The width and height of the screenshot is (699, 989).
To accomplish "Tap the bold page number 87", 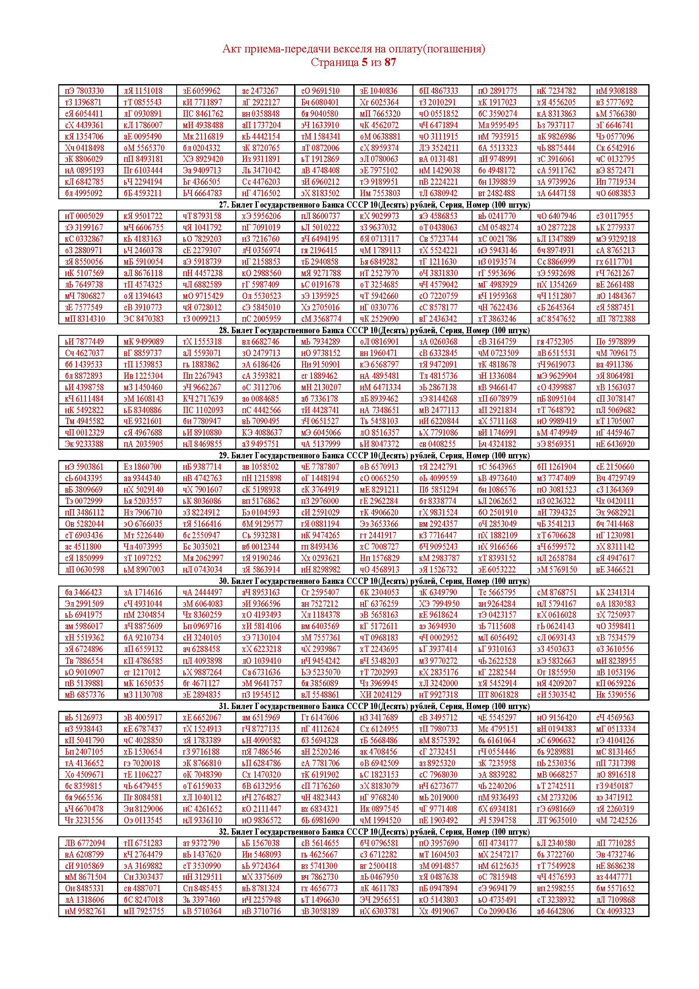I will coord(390,63).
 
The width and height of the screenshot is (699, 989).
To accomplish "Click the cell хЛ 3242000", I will coord(439,683).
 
